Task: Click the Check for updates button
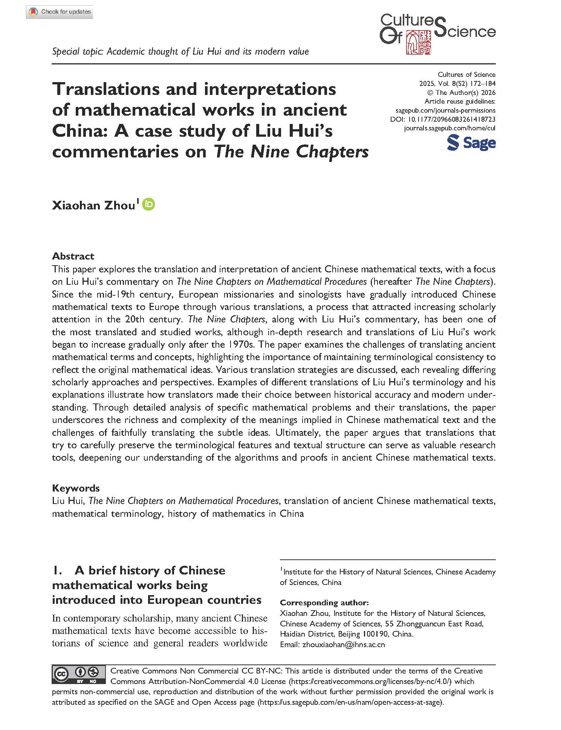(60, 12)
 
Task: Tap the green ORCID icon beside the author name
(148, 204)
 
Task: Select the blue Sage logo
(471, 143)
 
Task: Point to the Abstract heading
(73, 256)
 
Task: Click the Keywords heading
(76, 488)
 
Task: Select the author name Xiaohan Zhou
(93, 205)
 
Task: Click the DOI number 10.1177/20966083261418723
(452, 119)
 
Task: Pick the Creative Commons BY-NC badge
(79, 675)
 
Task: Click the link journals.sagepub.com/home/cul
(449, 128)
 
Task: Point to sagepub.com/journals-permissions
(445, 110)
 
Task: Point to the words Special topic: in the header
(78, 52)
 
